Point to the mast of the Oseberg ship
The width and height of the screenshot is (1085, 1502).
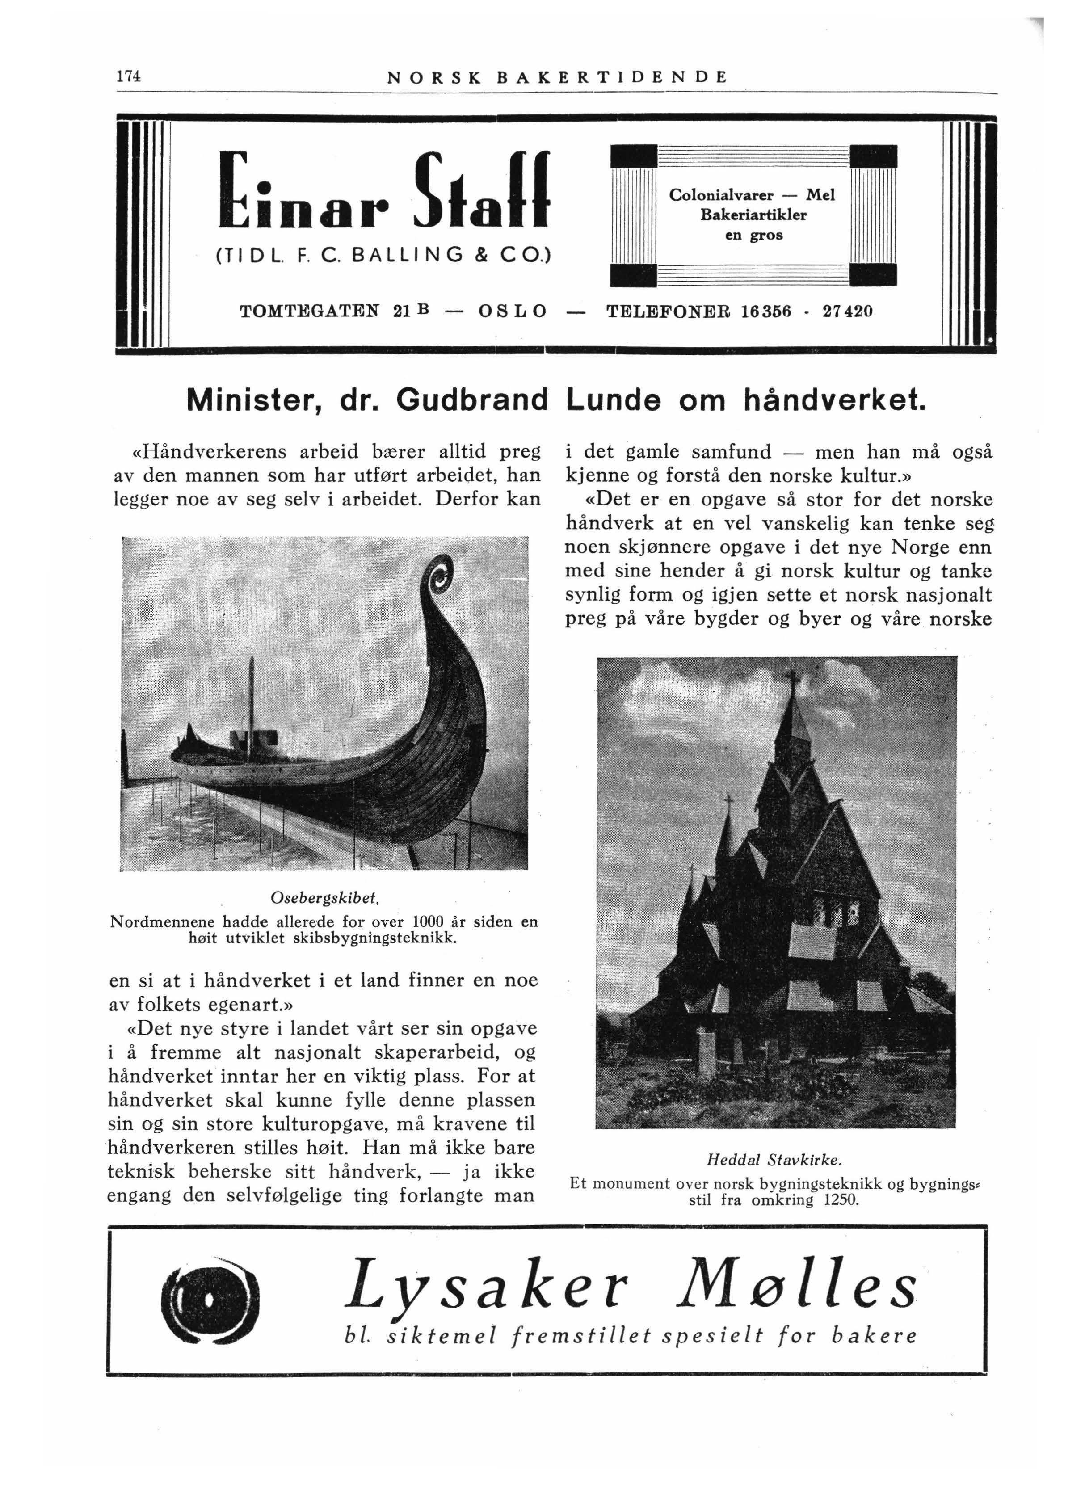pyautogui.click(x=251, y=702)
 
